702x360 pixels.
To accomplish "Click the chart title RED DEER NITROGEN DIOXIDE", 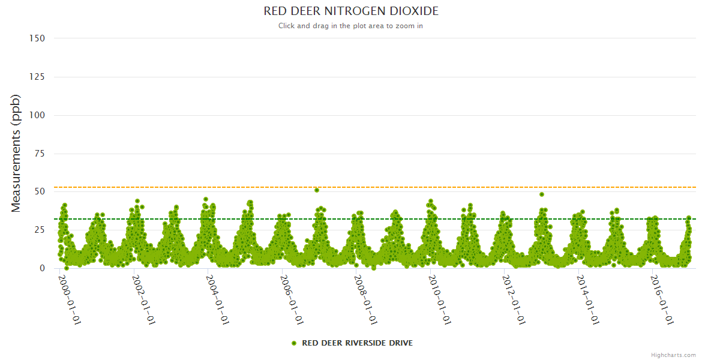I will coord(351,11).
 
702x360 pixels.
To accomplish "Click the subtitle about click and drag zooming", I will coord(351,26).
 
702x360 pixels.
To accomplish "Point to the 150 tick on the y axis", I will coord(37,38).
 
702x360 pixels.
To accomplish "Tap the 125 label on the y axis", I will coord(37,77).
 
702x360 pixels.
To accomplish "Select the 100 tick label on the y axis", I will coord(37,115).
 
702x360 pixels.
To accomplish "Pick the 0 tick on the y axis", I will coord(42,268).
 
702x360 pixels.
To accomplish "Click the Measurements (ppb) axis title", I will coord(16,153).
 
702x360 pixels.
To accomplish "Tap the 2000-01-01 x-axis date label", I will coord(70,300).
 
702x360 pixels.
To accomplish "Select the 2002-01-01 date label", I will coord(144,300).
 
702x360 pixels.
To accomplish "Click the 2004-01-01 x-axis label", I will coord(218,300).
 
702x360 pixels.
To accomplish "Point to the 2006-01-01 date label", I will coord(292,300).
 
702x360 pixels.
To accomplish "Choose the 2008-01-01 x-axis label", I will coord(367,300).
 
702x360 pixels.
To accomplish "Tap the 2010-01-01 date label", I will coord(441,300).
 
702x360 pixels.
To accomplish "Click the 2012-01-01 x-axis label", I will coord(515,300).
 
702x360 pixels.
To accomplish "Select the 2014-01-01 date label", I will coord(589,300).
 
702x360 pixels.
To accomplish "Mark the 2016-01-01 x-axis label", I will coord(663,300).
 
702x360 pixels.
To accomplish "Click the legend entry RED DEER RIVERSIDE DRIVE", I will coord(357,343).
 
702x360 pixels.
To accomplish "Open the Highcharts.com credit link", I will coord(673,355).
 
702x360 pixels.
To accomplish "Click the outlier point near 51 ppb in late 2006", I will coord(317,190).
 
